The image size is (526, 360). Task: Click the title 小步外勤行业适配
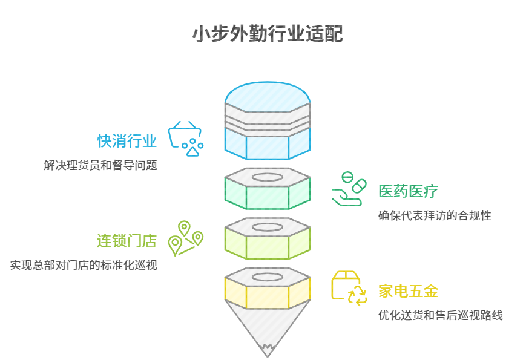coord(267,34)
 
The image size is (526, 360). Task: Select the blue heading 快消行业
coord(127,141)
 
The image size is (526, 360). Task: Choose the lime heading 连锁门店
coord(127,241)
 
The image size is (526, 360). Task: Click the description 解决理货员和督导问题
coord(100,165)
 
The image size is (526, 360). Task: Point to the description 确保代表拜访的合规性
coord(435,215)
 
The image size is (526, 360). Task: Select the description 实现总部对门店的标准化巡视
coord(84,264)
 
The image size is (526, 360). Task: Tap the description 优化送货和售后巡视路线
coord(441,315)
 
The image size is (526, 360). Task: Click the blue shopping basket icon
coord(186,137)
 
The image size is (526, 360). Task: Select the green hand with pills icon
coord(348,190)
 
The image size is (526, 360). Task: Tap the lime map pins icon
coord(185,238)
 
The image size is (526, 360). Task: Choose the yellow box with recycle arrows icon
coord(349,289)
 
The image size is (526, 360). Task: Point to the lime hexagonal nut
coord(267,246)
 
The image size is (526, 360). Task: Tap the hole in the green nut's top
coord(267,177)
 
